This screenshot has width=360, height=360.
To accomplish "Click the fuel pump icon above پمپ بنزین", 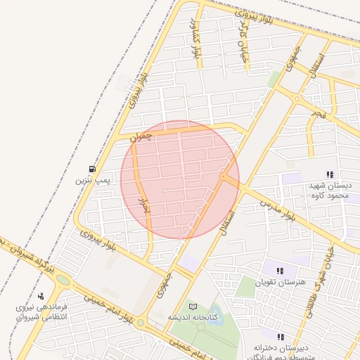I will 92,169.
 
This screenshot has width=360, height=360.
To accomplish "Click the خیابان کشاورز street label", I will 195,41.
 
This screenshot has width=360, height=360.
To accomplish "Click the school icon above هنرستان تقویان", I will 281,271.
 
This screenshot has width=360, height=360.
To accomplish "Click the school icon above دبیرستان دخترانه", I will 281,337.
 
